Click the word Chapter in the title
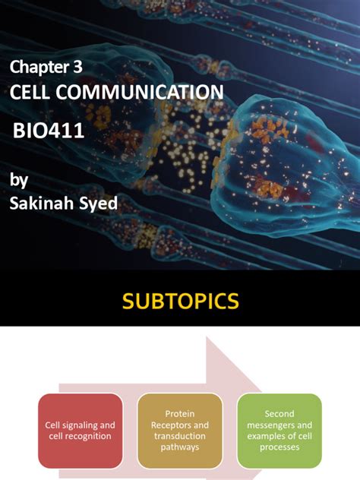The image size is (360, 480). pos(37,67)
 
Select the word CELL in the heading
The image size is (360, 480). pos(30,93)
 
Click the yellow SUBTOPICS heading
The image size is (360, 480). pos(180,302)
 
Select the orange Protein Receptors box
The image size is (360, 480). pos(179,431)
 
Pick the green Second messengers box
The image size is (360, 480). pos(279,431)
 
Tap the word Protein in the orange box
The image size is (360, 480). pos(179,415)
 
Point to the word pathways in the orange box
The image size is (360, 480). pos(179,447)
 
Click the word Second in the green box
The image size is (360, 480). pos(279,415)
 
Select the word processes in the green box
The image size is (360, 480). pos(279,447)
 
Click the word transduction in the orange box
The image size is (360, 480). pos(179,437)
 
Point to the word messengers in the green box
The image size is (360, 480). pos(270,425)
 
